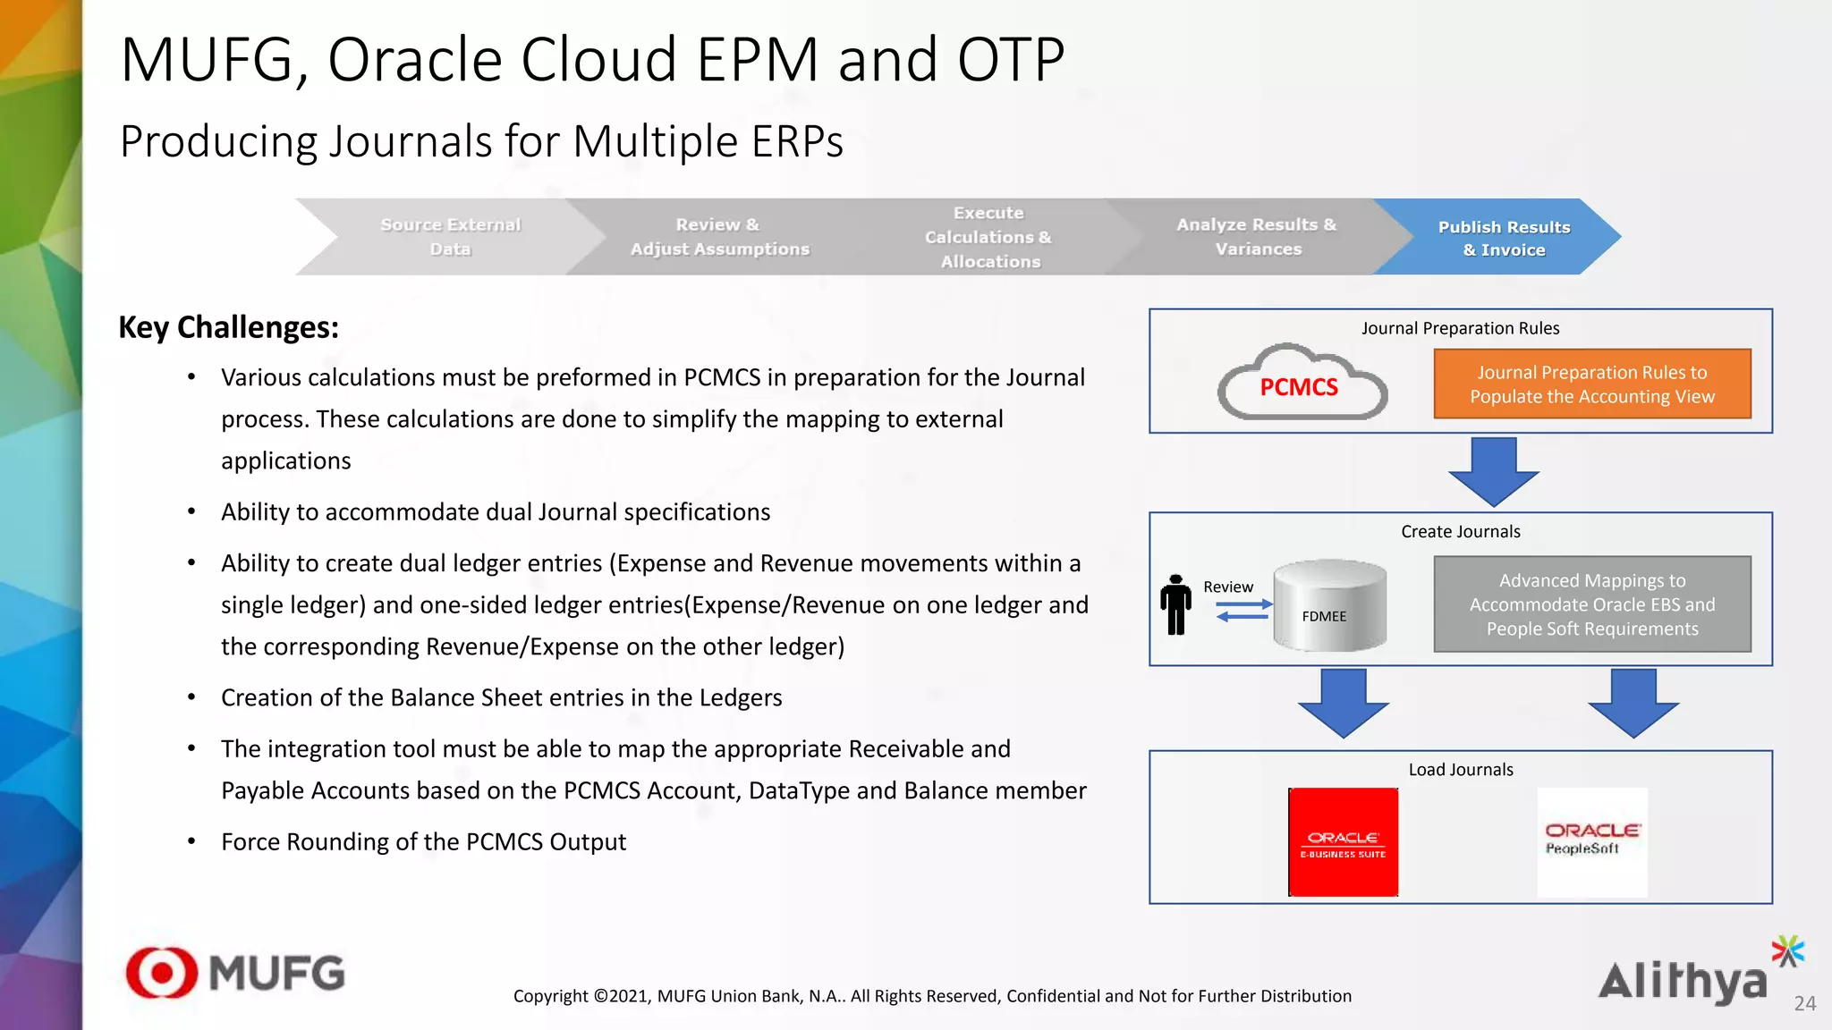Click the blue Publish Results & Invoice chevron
[1504, 238]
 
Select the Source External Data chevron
[450, 237]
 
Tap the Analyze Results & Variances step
[1257, 237]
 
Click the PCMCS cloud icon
[1301, 385]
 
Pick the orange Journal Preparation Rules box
[1591, 384]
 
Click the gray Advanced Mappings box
[1591, 604]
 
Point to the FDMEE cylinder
[1329, 605]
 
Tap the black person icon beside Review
[1175, 605]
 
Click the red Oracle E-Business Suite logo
[1343, 842]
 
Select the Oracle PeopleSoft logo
[1591, 842]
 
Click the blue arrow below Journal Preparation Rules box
[1493, 471]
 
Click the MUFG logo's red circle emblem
[162, 973]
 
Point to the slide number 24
[1804, 1004]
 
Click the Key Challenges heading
[229, 327]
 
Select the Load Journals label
[1460, 770]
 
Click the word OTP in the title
[1011, 61]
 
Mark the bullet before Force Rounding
[191, 842]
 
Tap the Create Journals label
[1460, 532]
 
